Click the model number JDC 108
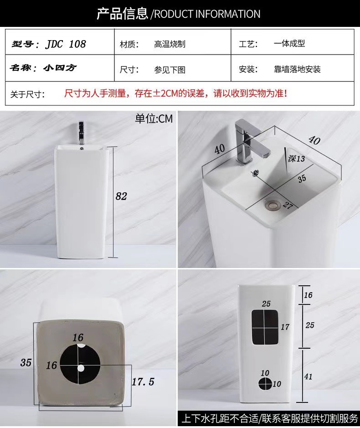[x=66, y=44]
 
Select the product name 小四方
[x=60, y=68]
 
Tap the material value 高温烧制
[x=170, y=44]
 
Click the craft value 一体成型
[x=289, y=43]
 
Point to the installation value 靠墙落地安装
[x=297, y=69]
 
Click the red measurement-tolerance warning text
[x=176, y=93]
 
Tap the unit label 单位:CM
[x=154, y=119]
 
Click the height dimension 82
[x=121, y=196]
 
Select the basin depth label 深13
[x=296, y=158]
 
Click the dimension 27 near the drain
[x=288, y=205]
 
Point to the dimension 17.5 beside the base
[x=143, y=382]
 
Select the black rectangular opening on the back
[x=265, y=327]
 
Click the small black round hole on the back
[x=265, y=383]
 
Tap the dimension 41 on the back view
[x=309, y=376]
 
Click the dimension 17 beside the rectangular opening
[x=285, y=327]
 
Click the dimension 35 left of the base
[x=26, y=362]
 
